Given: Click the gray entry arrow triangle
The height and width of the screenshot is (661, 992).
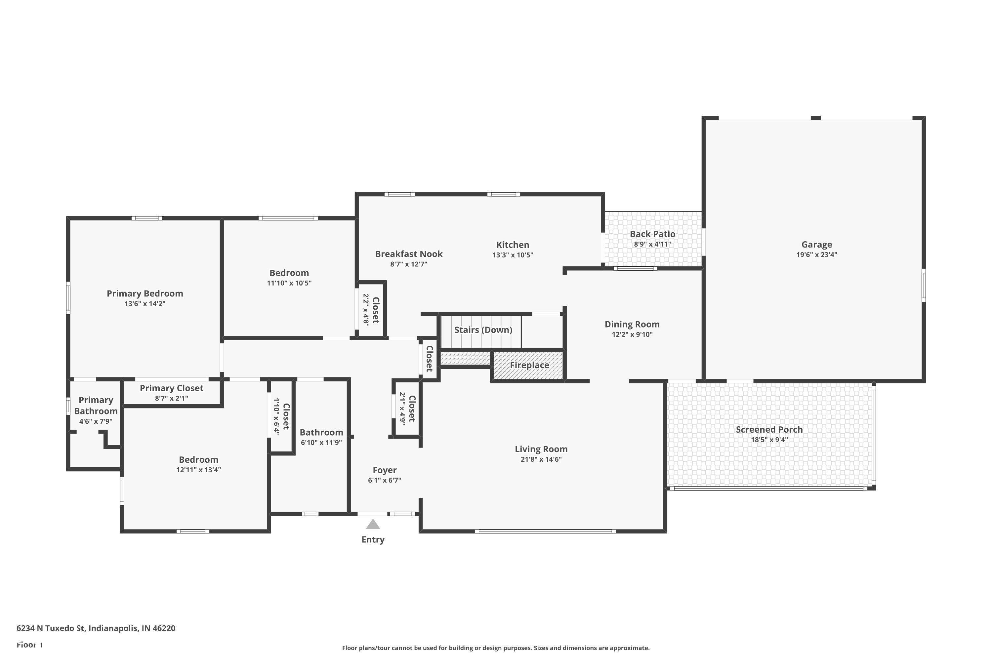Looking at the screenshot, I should click(373, 525).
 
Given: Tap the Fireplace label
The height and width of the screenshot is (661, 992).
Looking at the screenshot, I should click(529, 365).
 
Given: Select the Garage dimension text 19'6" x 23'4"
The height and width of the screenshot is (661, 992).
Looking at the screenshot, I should click(816, 254).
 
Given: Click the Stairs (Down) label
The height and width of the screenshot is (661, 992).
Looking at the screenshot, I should click(483, 330).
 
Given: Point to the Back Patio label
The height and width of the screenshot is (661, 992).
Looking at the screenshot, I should click(652, 234).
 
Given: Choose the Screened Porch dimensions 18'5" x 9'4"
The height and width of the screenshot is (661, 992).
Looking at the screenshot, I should click(769, 440).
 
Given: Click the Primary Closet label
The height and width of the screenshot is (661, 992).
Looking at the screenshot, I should click(171, 388).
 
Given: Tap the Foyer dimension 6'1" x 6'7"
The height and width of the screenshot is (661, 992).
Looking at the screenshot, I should click(384, 480).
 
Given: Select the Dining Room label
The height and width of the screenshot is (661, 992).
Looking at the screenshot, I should click(632, 324).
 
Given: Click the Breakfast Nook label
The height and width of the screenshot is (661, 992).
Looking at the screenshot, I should click(409, 254).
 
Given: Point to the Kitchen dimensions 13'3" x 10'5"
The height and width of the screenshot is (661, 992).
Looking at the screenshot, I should click(513, 255).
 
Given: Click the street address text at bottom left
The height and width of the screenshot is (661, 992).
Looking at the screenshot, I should click(96, 628).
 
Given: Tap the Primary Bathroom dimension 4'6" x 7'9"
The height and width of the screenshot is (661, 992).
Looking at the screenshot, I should click(96, 421).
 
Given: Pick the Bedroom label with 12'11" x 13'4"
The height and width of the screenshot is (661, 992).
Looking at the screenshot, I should click(198, 459).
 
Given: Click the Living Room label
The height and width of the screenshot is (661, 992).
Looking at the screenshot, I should click(541, 449).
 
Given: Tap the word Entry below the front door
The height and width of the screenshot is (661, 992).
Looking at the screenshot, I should click(373, 540).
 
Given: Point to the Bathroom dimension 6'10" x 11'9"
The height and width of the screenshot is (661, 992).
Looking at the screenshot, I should click(321, 443).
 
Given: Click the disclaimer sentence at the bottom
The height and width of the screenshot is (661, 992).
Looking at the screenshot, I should click(496, 648).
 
